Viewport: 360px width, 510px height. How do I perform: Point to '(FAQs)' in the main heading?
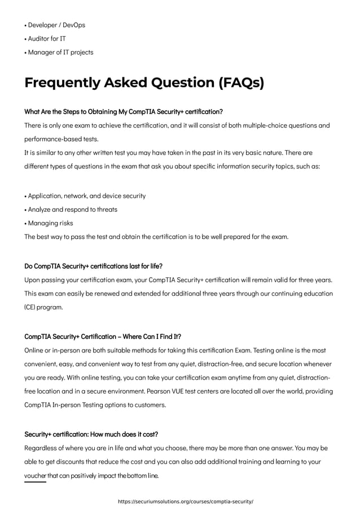(x=240, y=83)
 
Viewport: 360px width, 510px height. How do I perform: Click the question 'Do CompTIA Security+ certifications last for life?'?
(x=94, y=266)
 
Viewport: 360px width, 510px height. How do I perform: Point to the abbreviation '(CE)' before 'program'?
(x=32, y=308)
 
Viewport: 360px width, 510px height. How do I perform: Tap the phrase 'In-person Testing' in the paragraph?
(x=81, y=405)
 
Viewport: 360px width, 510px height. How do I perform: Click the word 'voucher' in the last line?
(x=35, y=476)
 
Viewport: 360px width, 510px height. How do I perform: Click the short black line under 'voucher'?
(x=35, y=482)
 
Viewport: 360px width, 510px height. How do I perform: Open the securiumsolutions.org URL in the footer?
(x=185, y=501)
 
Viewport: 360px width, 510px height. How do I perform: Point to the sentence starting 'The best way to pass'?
(x=156, y=237)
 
